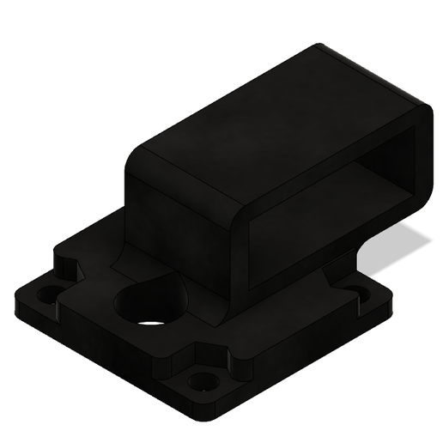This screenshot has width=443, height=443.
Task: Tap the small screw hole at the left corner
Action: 47,294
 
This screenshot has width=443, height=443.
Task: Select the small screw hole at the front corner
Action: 203,379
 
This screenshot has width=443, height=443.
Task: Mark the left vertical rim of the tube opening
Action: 251,249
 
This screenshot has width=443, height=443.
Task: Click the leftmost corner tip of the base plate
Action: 17,300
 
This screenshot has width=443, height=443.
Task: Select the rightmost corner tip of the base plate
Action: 391,296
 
